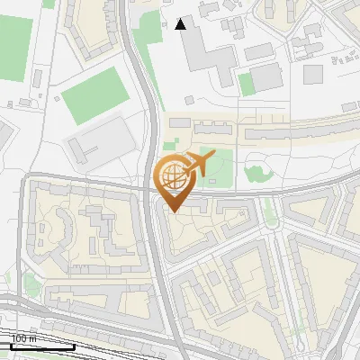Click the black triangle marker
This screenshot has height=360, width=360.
point(181,23)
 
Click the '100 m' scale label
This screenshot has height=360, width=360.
point(23,338)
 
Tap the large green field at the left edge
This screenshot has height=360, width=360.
point(13,49)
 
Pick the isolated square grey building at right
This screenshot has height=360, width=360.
point(313,74)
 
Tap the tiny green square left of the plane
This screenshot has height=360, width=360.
point(169,145)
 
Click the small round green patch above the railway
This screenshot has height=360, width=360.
point(31,286)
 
